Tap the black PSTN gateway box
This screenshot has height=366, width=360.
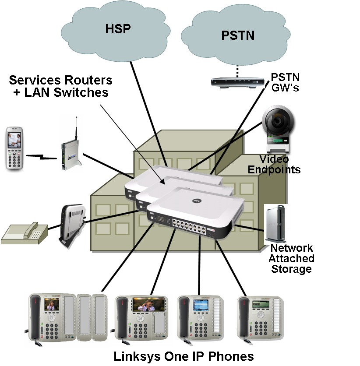click(238, 82)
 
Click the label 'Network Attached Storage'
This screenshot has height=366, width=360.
click(291, 258)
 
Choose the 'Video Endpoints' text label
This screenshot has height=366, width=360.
click(274, 164)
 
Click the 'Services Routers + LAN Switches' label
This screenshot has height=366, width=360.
click(61, 86)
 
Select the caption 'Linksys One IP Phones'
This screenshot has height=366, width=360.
click(184, 356)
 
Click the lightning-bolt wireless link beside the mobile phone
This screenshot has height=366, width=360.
click(42, 156)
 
